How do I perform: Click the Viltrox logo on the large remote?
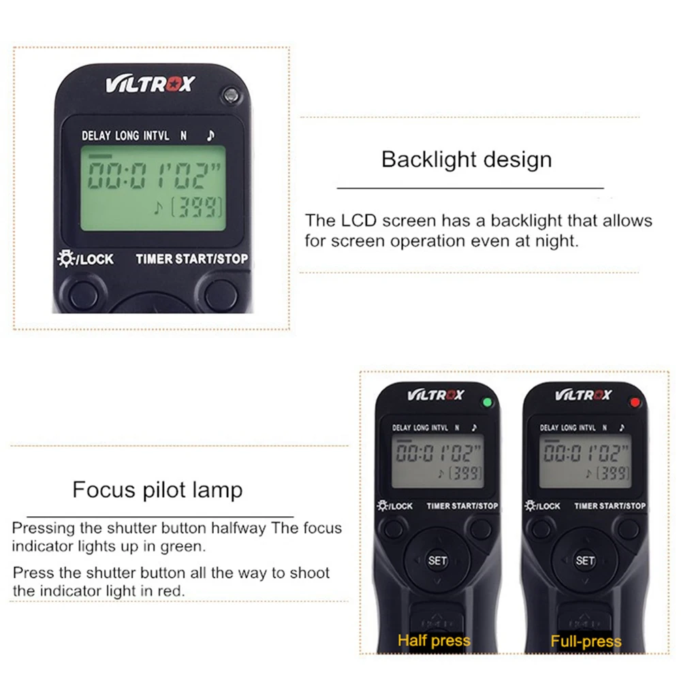pyautogui.click(x=151, y=84)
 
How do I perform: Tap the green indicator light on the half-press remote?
pyautogui.click(x=488, y=402)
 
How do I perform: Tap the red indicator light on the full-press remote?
pyautogui.click(x=635, y=402)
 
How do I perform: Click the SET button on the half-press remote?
pyautogui.click(x=437, y=560)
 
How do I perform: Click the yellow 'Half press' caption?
pyautogui.click(x=434, y=641)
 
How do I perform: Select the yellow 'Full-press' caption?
pyautogui.click(x=586, y=641)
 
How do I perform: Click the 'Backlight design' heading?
pyautogui.click(x=467, y=159)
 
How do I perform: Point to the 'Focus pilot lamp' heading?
pyautogui.click(x=157, y=490)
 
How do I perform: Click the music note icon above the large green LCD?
pyautogui.click(x=210, y=136)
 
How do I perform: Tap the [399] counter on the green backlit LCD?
pyautogui.click(x=197, y=207)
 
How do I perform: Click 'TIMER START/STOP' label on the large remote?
pyautogui.click(x=192, y=259)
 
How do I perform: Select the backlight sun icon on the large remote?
pyautogui.click(x=66, y=258)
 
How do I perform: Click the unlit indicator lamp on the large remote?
pyautogui.click(x=231, y=95)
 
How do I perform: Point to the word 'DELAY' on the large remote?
pyautogui.click(x=96, y=136)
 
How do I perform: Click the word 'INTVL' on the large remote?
pyautogui.click(x=157, y=136)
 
